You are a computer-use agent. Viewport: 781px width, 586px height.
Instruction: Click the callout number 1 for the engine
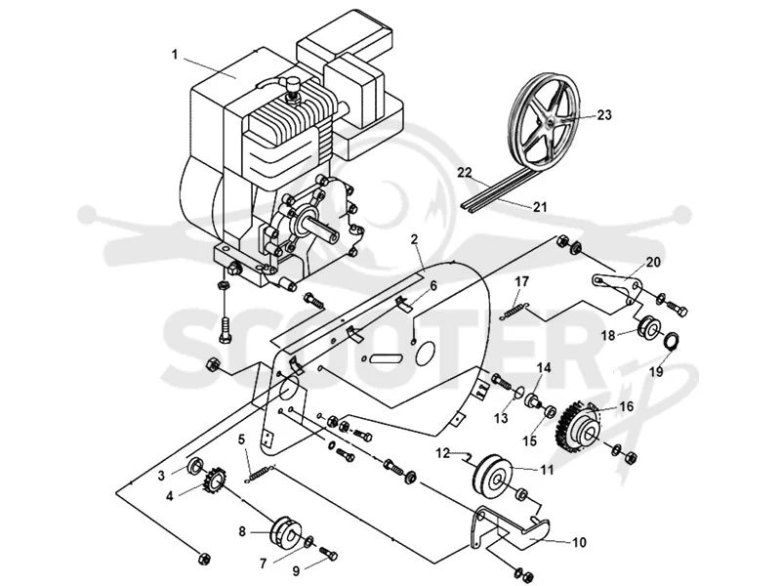175,55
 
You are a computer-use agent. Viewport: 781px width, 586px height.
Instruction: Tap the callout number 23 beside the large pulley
603,115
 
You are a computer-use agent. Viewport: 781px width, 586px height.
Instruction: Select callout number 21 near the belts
540,206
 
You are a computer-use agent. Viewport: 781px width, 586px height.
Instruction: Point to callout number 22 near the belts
465,173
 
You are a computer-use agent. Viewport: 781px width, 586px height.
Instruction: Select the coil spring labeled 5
261,474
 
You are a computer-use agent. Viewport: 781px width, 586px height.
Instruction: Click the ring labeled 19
671,341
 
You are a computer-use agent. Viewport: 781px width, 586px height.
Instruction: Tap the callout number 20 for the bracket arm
653,262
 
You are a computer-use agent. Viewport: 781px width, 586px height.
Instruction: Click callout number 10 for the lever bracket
579,542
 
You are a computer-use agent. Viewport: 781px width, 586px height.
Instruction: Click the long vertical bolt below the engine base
225,325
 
